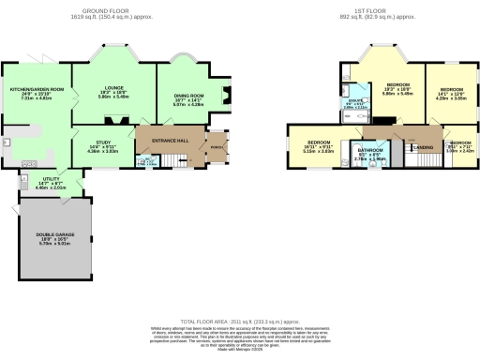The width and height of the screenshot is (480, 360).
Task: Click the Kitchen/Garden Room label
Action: click(x=37, y=89)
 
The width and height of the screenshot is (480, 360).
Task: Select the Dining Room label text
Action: click(x=189, y=97)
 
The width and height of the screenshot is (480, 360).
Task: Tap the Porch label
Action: click(x=216, y=146)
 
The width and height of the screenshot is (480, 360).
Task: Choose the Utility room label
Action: click(x=50, y=178)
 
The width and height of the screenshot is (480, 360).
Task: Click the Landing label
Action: click(x=423, y=148)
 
